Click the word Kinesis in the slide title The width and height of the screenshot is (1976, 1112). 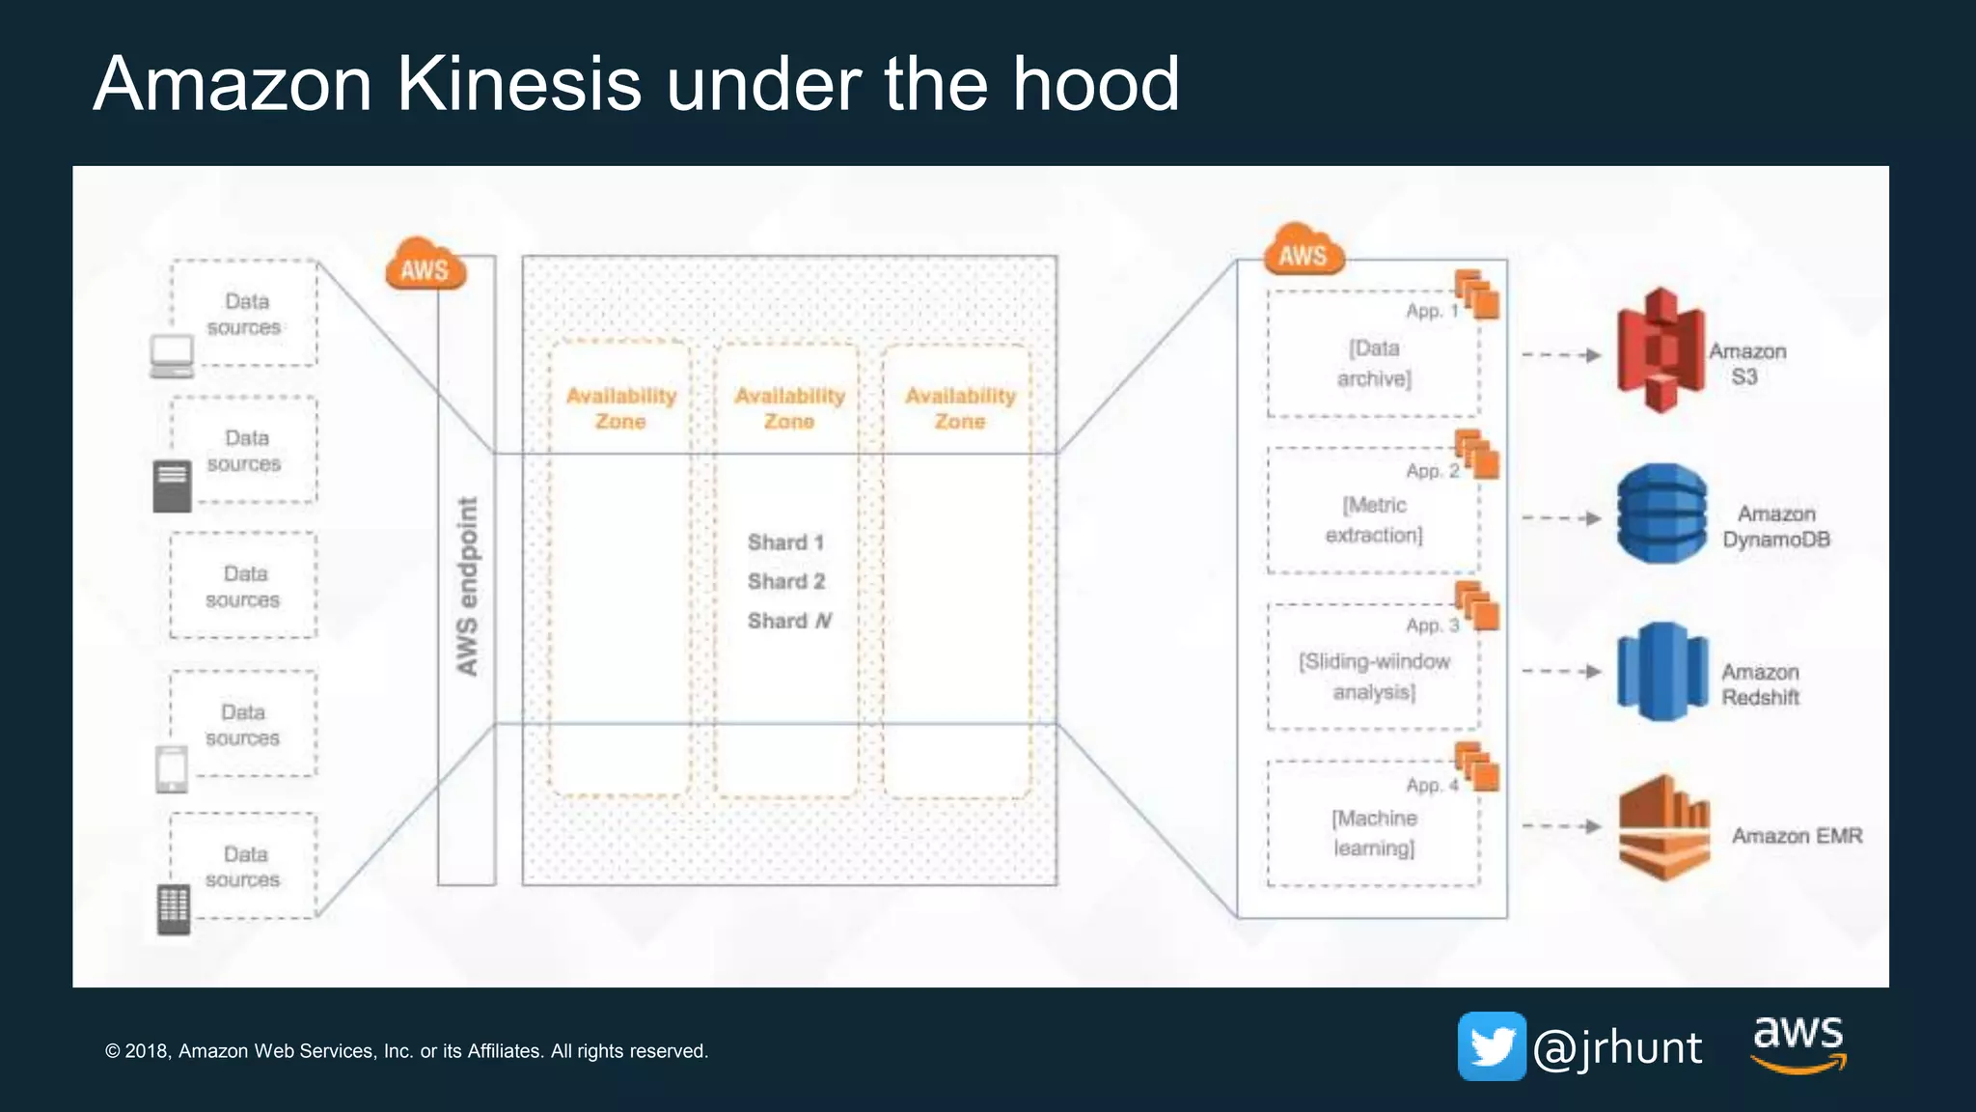(518, 84)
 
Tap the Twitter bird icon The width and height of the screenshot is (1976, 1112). (1492, 1046)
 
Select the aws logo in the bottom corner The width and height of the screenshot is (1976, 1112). (1798, 1042)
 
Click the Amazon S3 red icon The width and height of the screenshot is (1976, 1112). (1660, 350)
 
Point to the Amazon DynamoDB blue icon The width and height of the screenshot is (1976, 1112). (1661, 514)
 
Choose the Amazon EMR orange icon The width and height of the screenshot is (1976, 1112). (1663, 827)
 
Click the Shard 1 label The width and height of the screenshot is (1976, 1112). (785, 542)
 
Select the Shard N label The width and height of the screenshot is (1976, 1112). (789, 621)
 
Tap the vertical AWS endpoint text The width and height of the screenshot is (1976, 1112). (467, 586)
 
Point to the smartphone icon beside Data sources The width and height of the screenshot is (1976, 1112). (172, 769)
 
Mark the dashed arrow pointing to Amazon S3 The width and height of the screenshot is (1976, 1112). (1560, 355)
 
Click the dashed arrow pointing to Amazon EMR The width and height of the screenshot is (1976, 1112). (1560, 826)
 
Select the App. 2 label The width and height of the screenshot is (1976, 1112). (1432, 471)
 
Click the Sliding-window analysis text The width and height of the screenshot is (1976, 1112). (1374, 677)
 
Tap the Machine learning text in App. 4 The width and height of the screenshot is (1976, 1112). (1374, 833)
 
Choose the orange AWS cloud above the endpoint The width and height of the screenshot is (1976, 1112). (425, 265)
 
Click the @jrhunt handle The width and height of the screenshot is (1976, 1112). (1617, 1048)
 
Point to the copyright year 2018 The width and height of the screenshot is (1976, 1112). (148, 1051)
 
